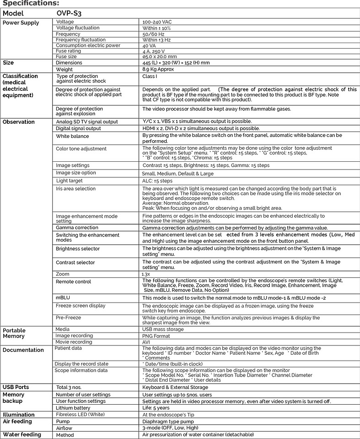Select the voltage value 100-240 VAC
click(x=157, y=22)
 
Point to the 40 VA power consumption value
click(x=149, y=46)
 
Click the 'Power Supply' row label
click(x=21, y=23)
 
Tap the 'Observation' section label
click(x=19, y=122)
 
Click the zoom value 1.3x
click(x=146, y=274)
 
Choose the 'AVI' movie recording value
click(x=147, y=342)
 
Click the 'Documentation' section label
click(x=23, y=350)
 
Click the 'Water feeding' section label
click(x=22, y=434)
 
